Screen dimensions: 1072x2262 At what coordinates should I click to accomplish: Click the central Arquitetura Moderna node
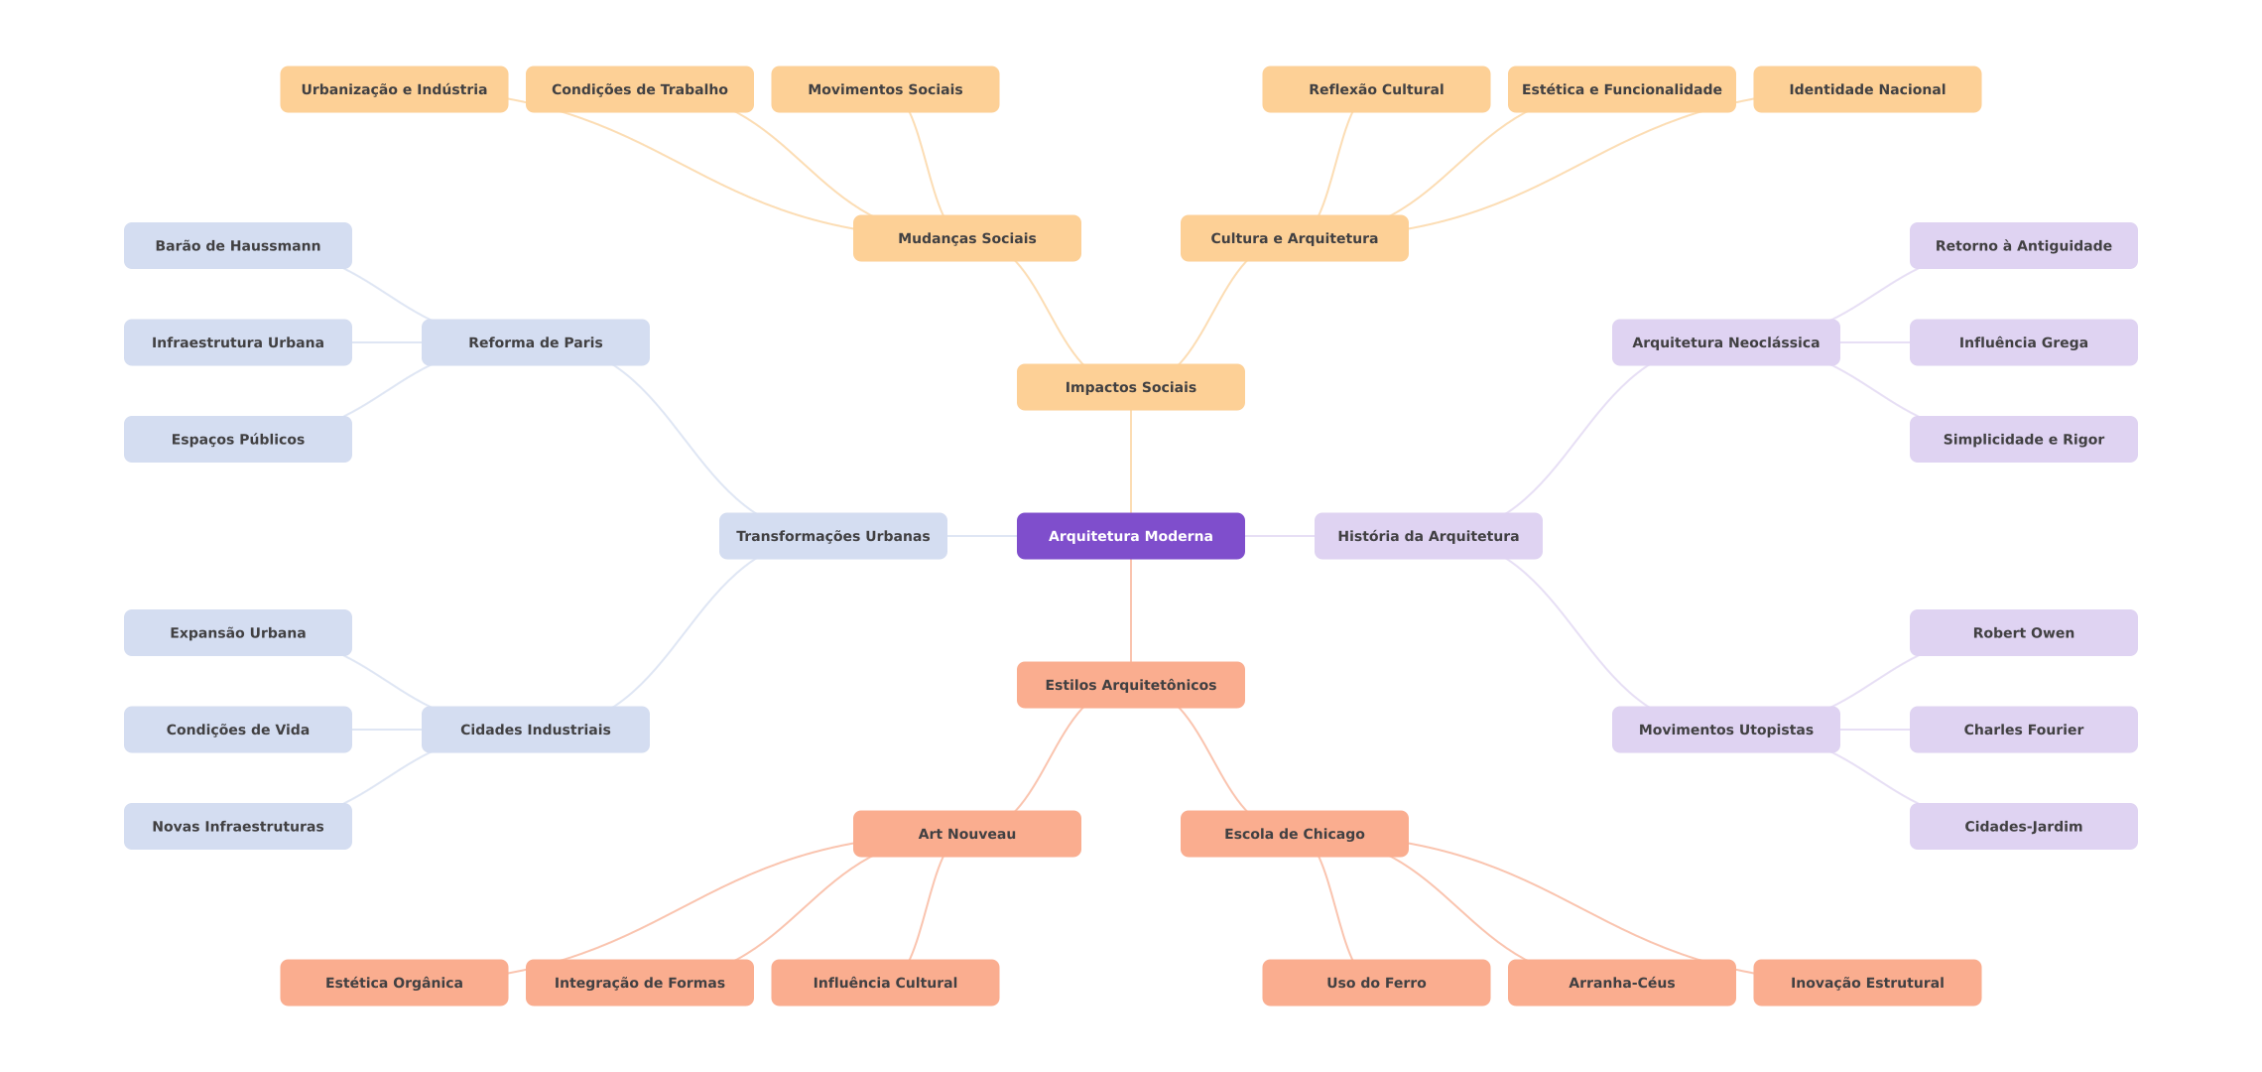click(x=1130, y=536)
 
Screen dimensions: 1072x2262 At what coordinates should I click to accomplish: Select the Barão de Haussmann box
click(x=237, y=246)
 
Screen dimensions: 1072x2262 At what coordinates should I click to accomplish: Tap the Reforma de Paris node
click(x=535, y=342)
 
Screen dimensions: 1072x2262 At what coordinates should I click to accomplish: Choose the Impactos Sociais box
click(x=1130, y=387)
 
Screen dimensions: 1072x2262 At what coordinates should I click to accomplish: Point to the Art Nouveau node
click(x=966, y=834)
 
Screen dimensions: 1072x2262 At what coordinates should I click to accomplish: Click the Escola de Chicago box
click(x=1294, y=834)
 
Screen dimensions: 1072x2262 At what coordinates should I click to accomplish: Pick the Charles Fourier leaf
click(x=2023, y=730)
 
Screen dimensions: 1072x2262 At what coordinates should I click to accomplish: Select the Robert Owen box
click(x=2023, y=633)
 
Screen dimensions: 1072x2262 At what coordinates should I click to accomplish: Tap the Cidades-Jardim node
click(x=2023, y=827)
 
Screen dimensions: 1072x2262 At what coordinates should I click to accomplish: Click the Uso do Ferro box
click(x=1376, y=983)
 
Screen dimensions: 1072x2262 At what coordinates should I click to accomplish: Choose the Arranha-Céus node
click(x=1621, y=983)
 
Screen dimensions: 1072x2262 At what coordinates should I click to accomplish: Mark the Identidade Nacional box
click(x=1867, y=89)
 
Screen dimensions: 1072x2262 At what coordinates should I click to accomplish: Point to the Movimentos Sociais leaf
click(x=885, y=89)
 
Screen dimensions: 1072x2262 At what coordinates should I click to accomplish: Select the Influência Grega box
click(x=2023, y=342)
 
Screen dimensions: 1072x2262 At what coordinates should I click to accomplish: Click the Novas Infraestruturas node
click(x=237, y=827)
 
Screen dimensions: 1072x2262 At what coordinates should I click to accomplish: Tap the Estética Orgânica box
click(x=394, y=983)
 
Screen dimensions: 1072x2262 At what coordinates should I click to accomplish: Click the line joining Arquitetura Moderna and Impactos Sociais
click(x=1131, y=462)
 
